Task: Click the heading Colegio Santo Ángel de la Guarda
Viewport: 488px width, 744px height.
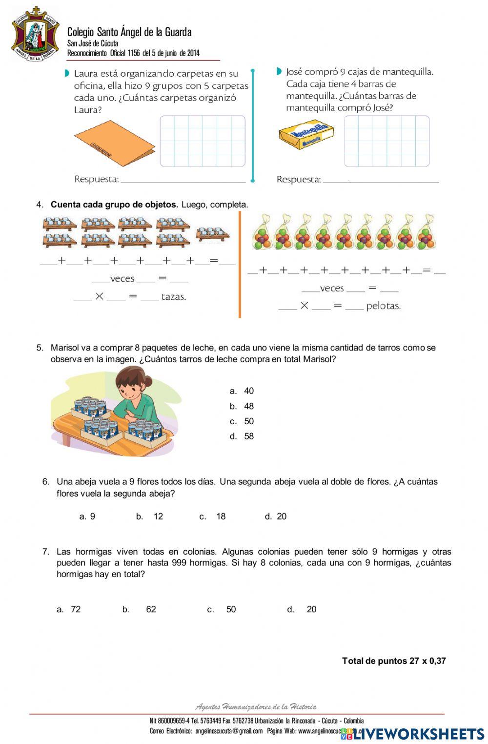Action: (x=129, y=32)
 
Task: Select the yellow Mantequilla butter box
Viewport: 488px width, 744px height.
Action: (x=306, y=134)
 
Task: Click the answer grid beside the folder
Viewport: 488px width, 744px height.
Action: (x=203, y=141)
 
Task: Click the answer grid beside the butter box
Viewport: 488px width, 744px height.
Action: (x=386, y=141)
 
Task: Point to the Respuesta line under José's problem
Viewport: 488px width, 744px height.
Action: (x=381, y=181)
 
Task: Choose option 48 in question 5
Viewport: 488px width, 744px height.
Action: (x=248, y=406)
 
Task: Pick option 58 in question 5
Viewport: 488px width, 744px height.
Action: (x=248, y=436)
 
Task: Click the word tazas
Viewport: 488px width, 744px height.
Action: (x=174, y=297)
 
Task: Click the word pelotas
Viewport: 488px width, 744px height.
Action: (x=383, y=306)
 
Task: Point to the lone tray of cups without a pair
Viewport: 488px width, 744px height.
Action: (x=212, y=234)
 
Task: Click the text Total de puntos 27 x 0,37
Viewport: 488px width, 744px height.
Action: (x=394, y=661)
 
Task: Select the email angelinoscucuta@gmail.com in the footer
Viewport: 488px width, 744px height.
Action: (x=229, y=731)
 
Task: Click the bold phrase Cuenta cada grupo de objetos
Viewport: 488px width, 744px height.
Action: (x=114, y=205)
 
